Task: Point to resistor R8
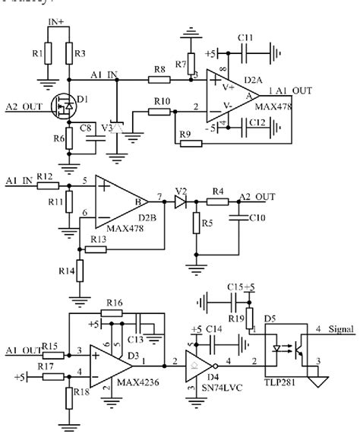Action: point(159,78)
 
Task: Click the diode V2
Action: point(180,202)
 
